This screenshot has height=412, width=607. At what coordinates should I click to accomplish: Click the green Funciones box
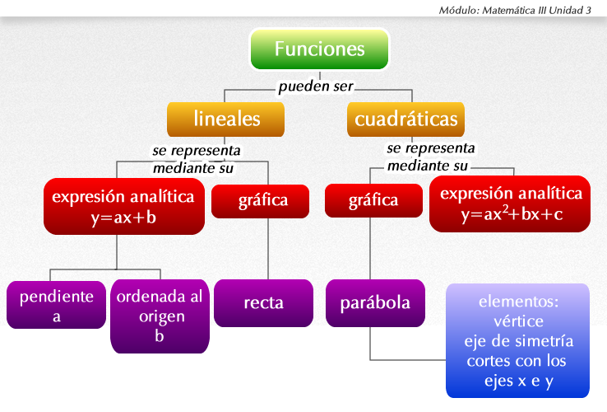[x=319, y=49]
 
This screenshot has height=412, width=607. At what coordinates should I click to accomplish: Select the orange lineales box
[x=226, y=119]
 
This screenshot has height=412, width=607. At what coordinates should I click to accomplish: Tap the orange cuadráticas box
[x=405, y=119]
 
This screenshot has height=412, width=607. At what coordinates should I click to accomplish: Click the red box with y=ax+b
[x=123, y=206]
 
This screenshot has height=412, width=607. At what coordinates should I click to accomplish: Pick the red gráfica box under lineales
[x=263, y=200]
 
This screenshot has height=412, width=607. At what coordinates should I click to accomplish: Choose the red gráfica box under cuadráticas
[x=373, y=200]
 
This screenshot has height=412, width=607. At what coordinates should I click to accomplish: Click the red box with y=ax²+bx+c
[x=511, y=204]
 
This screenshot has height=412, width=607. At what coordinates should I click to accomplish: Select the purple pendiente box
[x=56, y=304]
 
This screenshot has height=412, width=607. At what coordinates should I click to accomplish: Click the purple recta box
[x=263, y=302]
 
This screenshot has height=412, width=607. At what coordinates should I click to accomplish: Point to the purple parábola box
[x=375, y=302]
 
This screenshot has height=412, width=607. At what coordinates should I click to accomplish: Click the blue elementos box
[x=518, y=340]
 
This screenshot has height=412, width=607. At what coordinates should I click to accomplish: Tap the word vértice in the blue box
[x=518, y=321]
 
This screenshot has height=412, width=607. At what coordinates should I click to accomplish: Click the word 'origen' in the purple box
[x=160, y=316]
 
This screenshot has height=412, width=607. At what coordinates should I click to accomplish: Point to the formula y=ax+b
[x=123, y=218]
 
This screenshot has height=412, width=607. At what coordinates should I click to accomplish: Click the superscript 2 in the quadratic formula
[x=502, y=210]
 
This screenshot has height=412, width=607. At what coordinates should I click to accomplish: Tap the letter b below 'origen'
[x=159, y=335]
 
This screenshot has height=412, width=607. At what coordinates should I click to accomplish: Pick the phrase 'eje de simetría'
[x=518, y=341]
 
